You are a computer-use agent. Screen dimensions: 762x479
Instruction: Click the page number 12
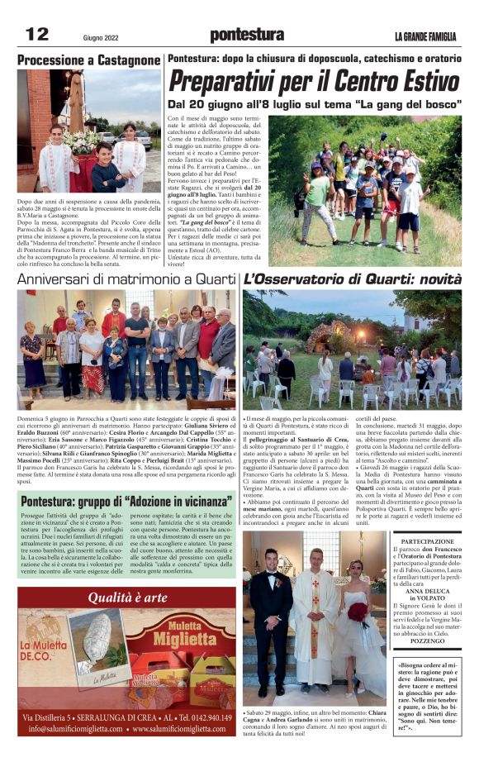pos(37,34)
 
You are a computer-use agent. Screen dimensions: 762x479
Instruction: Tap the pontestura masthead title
pos(247,35)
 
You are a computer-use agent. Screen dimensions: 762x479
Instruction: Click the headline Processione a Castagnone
pos(88,60)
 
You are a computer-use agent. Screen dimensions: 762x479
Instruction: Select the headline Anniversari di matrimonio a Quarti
pos(126,279)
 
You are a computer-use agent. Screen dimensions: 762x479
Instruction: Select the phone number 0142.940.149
pos(202,717)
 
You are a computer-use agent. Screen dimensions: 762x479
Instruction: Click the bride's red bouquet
pos(357,612)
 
